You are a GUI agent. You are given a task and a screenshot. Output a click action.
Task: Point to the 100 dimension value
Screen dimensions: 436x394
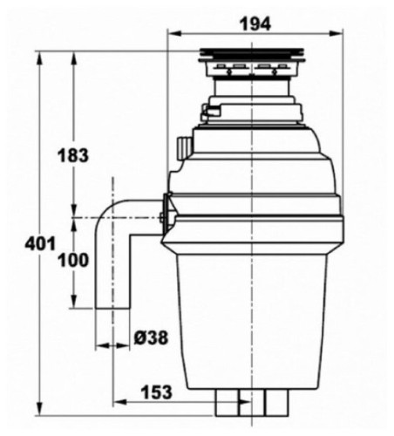pyautogui.click(x=73, y=260)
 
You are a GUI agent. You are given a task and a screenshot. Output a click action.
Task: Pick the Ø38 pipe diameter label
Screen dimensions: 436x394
pyautogui.click(x=153, y=337)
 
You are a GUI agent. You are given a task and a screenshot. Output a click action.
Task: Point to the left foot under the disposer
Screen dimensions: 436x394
pyautogui.click(x=229, y=403)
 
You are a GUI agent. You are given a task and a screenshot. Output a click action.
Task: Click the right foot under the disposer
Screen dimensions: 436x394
pyautogui.click(x=275, y=403)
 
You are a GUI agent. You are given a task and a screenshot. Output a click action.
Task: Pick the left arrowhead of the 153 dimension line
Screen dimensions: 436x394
pyautogui.click(x=117, y=402)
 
